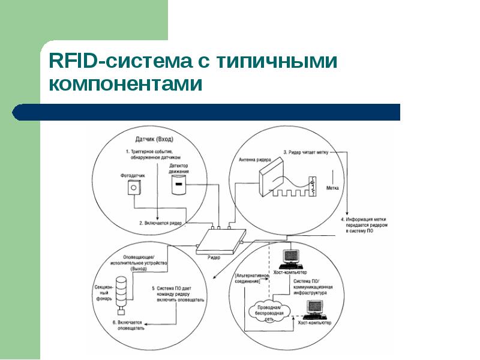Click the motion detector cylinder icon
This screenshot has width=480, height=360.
tap(178, 187)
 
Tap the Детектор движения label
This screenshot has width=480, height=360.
tap(179, 168)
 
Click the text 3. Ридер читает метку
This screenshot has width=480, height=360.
tap(306, 152)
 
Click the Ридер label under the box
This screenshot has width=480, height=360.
tap(214, 257)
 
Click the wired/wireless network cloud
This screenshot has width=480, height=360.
tap(268, 310)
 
